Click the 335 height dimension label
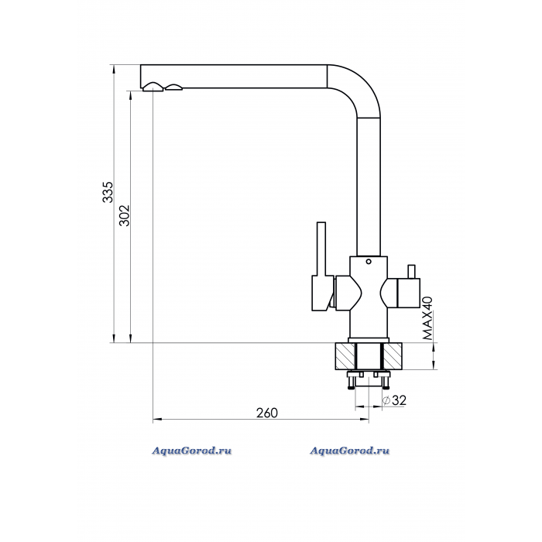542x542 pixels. [x=108, y=192]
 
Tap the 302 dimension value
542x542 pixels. [x=125, y=216]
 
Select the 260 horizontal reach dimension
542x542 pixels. [x=267, y=413]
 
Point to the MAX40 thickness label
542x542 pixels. [x=427, y=318]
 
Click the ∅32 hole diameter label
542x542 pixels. [x=395, y=400]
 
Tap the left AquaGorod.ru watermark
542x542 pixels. [x=192, y=451]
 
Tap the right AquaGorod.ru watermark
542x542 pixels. [x=349, y=451]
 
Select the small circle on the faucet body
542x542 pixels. [x=369, y=262]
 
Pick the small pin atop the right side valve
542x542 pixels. [x=411, y=272]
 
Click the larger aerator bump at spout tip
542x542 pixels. [x=153, y=87]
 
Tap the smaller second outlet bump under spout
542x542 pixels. [x=174, y=87]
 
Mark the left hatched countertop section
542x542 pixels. [x=345, y=356]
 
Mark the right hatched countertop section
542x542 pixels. [x=393, y=356]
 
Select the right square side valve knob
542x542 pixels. [x=409, y=293]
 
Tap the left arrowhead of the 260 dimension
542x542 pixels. [x=157, y=420]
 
